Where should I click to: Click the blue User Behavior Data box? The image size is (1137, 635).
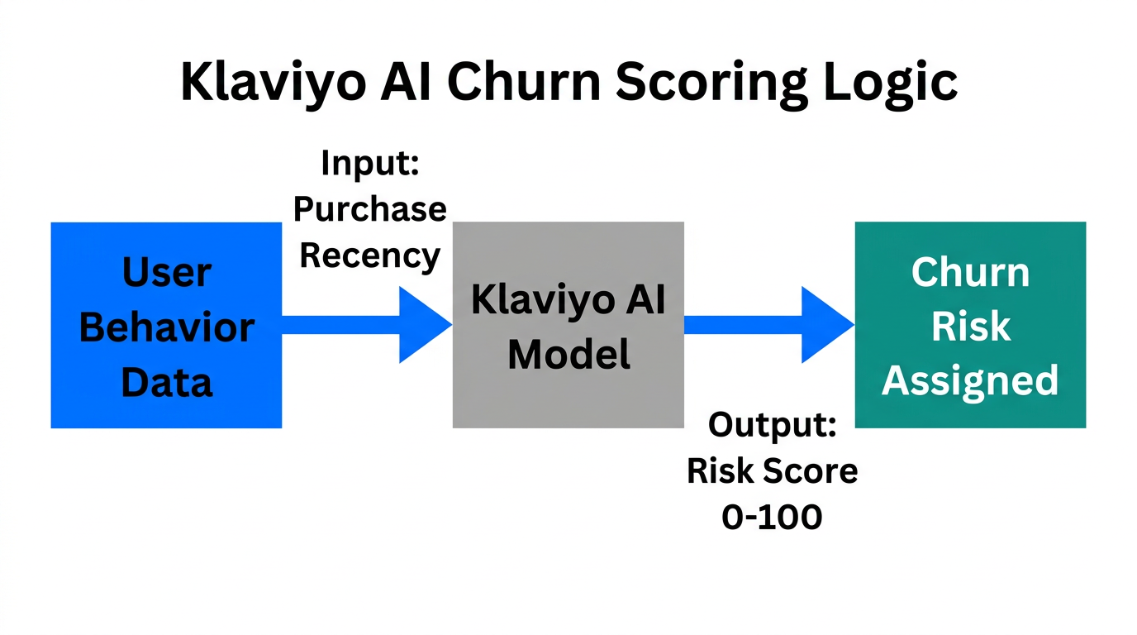(166, 325)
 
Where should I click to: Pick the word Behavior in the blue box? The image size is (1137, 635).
(166, 327)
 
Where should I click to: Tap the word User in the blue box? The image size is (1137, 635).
(166, 272)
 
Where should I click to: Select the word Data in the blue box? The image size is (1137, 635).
(166, 383)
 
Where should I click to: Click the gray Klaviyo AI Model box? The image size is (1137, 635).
(568, 325)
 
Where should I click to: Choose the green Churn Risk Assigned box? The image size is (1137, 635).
(969, 325)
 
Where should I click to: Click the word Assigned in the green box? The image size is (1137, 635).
(969, 381)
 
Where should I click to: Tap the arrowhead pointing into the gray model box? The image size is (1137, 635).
(424, 325)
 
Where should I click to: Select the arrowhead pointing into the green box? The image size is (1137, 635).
(826, 325)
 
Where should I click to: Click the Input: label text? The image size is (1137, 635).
(370, 162)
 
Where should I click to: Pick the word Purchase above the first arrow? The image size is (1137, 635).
(370, 208)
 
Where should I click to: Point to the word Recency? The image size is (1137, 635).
(370, 255)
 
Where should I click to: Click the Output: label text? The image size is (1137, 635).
(773, 425)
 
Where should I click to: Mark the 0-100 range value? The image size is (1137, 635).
(773, 518)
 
